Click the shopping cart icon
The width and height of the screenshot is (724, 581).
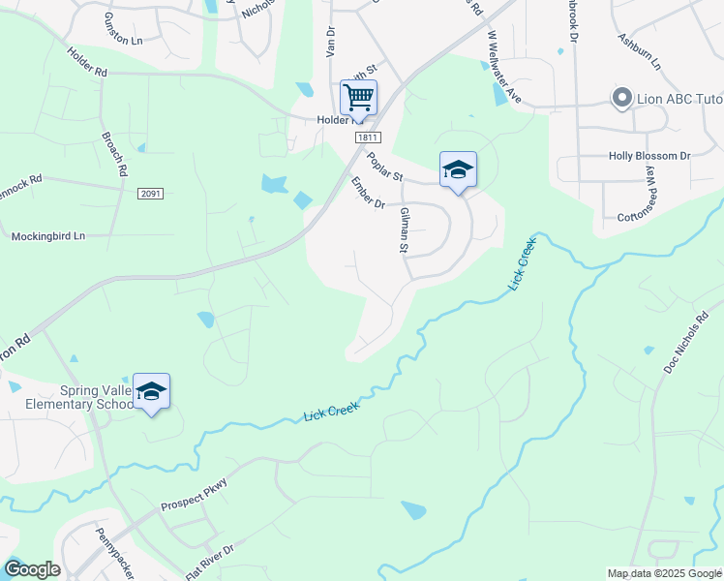point(358,96)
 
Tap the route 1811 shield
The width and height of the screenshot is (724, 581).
point(367,138)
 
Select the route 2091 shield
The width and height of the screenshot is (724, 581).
point(150,194)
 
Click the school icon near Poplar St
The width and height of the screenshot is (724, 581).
point(458,169)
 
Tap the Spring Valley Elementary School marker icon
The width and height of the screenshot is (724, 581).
point(151,390)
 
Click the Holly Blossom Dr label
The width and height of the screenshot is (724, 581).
point(649,155)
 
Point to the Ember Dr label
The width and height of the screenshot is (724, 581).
point(368,191)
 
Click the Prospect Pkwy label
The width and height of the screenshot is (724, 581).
point(195,494)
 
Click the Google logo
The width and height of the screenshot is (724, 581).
point(32,569)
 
